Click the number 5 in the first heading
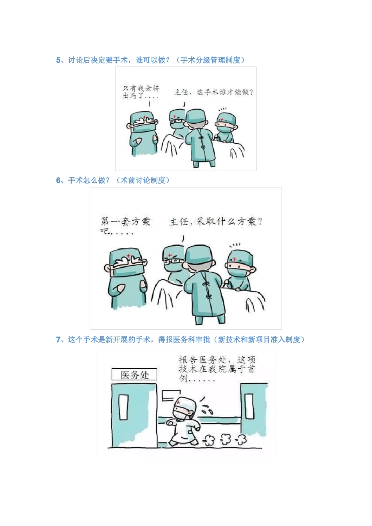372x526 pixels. pos(58,60)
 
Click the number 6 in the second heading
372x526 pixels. pos(58,180)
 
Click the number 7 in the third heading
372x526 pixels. pos(58,340)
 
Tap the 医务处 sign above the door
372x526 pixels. pos(134,375)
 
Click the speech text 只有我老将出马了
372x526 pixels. pos(141,92)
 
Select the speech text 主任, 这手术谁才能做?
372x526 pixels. pos(213,92)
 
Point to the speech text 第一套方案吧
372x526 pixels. pos(125,225)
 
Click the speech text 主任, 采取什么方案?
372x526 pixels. pos(216,222)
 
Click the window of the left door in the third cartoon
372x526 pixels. pos(124,407)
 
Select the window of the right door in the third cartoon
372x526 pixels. pos(249,407)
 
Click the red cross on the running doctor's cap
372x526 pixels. pos(179,403)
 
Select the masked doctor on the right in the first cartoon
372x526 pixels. pos(226,127)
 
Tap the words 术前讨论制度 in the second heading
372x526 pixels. pos(143,180)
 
